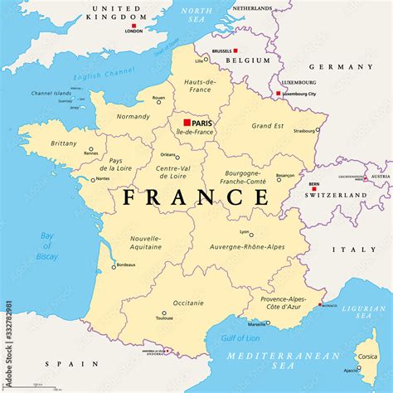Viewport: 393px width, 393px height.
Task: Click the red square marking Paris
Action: [x=187, y=123]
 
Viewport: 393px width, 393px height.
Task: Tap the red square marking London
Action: [x=133, y=25]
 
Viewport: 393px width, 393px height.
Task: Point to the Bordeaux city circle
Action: [x=114, y=267]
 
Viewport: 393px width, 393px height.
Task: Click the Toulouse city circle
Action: [x=164, y=313]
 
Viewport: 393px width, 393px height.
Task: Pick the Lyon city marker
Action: [x=251, y=235]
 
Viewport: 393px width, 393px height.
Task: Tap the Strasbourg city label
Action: [x=305, y=130]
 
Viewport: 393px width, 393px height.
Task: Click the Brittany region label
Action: [x=63, y=143]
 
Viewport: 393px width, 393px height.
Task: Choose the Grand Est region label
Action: [x=267, y=126]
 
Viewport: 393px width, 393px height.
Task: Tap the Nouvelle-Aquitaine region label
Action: [x=145, y=243]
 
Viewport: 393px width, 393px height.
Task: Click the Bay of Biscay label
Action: [x=47, y=246]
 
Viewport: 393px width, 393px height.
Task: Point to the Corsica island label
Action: [x=367, y=357]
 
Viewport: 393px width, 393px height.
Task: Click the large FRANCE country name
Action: [x=196, y=197]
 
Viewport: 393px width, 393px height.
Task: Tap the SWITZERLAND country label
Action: [x=335, y=196]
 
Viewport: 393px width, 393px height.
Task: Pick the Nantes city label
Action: [x=103, y=178]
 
